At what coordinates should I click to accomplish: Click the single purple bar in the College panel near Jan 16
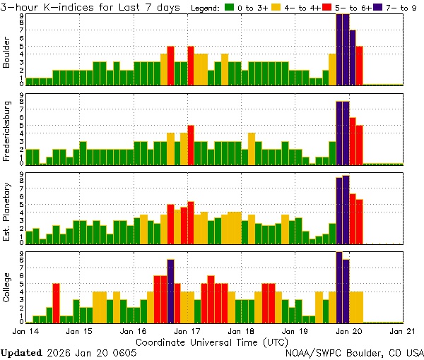coord(170,291)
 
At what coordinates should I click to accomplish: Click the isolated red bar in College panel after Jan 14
coord(56,302)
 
